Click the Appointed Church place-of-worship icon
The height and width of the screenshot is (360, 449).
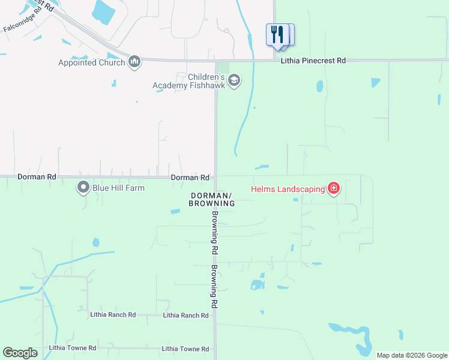click(134, 62)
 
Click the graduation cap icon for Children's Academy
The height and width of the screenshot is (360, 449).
click(234, 80)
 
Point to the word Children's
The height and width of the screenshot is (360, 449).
click(206, 77)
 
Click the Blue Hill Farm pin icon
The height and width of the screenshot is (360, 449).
click(83, 188)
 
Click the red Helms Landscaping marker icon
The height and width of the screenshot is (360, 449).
click(334, 189)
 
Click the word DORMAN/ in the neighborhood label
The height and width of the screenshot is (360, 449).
click(211, 196)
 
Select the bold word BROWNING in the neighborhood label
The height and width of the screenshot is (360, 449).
click(211, 204)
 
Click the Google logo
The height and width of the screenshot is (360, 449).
click(20, 353)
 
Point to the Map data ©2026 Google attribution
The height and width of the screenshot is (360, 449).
click(412, 355)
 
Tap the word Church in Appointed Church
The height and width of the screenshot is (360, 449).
click(114, 62)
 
